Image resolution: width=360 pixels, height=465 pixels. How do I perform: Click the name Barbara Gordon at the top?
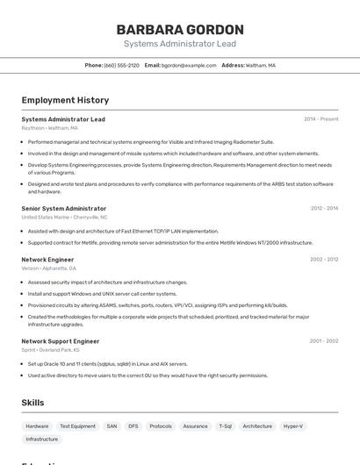(179, 29)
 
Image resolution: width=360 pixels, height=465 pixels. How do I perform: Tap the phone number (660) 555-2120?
(121, 65)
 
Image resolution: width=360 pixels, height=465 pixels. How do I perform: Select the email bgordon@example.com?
(188, 65)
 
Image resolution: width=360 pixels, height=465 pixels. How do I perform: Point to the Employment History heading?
(65, 100)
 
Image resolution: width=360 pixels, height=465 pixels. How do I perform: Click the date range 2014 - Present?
(320, 119)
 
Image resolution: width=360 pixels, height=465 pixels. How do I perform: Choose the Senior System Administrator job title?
(64, 209)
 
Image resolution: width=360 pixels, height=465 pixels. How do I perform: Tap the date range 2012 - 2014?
(324, 209)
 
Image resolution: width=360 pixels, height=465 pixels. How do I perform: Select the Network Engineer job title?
(47, 260)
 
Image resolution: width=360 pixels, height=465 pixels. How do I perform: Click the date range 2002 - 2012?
(324, 260)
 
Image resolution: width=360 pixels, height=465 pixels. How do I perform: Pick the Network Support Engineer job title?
(61, 341)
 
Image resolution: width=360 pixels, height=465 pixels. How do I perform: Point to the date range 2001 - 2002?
(324, 341)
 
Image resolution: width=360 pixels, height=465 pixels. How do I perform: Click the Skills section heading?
(33, 403)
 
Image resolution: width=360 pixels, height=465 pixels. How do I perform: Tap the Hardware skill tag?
(38, 426)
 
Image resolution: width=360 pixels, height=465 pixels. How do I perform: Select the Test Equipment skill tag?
(77, 426)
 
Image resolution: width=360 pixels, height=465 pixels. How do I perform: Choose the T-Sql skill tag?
(226, 426)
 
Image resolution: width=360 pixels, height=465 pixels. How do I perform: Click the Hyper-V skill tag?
(293, 426)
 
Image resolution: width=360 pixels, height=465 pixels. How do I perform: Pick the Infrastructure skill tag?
(42, 439)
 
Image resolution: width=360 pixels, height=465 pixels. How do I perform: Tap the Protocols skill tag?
(161, 426)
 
